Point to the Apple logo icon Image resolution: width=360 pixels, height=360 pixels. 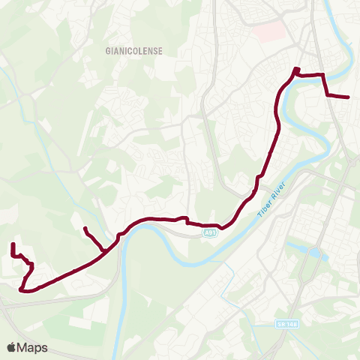[x=12, y=347]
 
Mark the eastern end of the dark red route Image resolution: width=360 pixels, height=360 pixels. [x=349, y=97]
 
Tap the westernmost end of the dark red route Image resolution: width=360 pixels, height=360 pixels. [x=13, y=245]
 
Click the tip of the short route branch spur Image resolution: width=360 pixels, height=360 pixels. [x=85, y=228]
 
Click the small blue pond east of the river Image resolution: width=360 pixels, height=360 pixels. [x=313, y=253]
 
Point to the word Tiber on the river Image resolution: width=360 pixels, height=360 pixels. [x=265, y=207]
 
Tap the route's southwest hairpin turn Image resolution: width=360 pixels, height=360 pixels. [x=22, y=289]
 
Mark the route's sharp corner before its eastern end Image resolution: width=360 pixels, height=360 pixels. [x=323, y=75]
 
